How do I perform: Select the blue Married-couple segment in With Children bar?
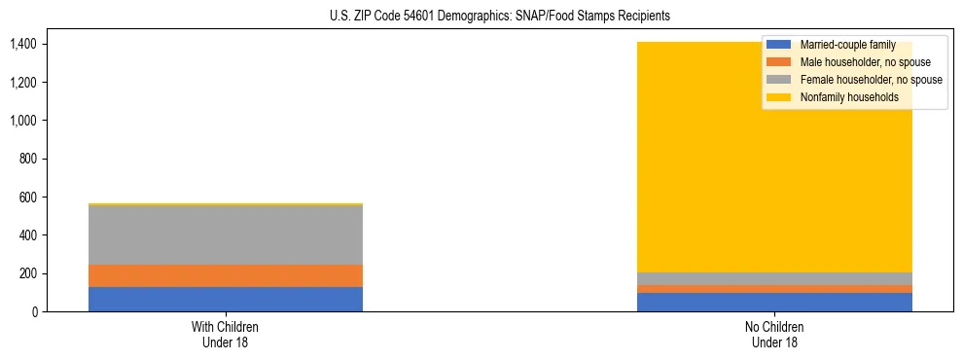click(226, 299)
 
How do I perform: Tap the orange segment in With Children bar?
click(226, 275)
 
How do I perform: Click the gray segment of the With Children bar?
click(226, 234)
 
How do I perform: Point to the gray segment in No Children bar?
click(774, 278)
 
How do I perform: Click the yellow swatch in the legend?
click(779, 97)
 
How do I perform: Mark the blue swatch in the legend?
click(779, 45)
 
